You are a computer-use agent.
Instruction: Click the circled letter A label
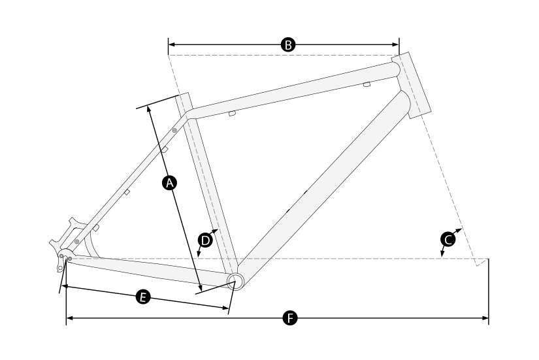click(x=169, y=183)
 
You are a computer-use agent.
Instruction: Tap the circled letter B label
click(x=288, y=44)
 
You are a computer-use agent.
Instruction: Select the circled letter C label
click(x=448, y=239)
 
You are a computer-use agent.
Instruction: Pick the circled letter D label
click(x=205, y=240)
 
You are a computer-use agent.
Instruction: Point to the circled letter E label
click(x=143, y=297)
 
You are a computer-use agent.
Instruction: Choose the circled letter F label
click(x=290, y=318)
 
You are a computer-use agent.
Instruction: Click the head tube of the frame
click(x=411, y=85)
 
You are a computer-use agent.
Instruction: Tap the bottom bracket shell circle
click(x=236, y=282)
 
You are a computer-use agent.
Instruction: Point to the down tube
click(x=323, y=186)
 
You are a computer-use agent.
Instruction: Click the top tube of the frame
click(x=293, y=90)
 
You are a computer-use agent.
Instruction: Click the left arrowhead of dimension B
click(x=171, y=44)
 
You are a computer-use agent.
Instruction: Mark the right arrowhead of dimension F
click(x=485, y=318)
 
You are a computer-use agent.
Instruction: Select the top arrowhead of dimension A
click(x=148, y=108)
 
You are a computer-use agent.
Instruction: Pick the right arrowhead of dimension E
click(x=225, y=308)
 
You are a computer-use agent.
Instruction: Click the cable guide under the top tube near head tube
click(x=367, y=84)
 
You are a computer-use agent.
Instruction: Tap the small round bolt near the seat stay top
click(x=174, y=130)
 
